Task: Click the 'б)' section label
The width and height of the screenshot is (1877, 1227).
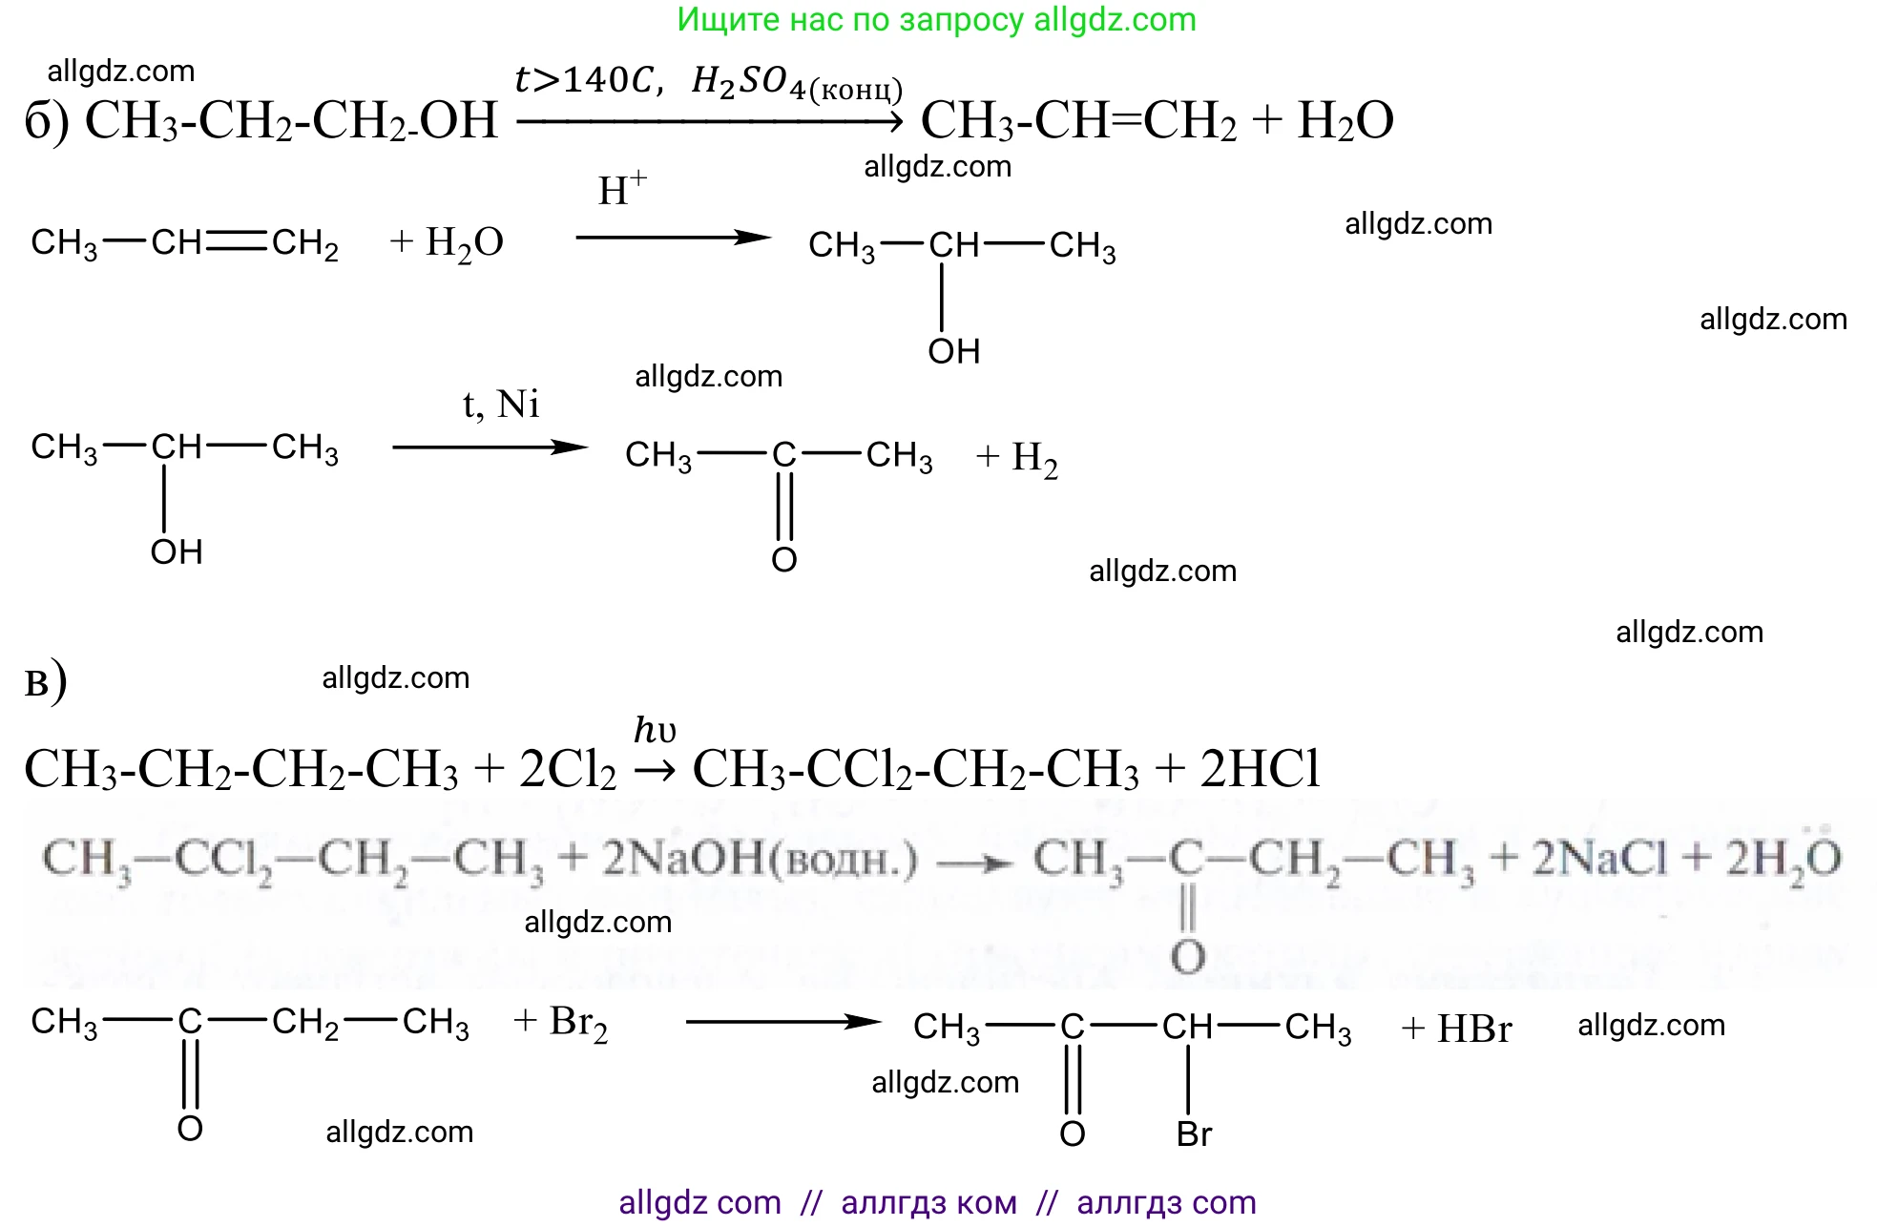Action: click(x=46, y=122)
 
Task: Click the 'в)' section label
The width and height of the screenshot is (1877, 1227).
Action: click(x=45, y=682)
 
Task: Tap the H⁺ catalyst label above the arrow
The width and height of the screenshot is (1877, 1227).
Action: click(x=622, y=189)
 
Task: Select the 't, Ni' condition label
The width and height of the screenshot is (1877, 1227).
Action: click(x=501, y=405)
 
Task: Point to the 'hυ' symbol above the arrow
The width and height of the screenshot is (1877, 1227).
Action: click(x=655, y=731)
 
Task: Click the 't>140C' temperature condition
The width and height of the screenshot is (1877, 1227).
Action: click(x=582, y=80)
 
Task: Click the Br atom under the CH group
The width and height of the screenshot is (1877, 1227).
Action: click(x=1194, y=1134)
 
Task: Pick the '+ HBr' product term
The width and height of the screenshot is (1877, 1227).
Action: click(x=1456, y=1029)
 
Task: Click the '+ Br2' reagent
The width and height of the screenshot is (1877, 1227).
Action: click(x=560, y=1023)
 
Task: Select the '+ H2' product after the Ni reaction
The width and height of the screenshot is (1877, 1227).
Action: click(x=1017, y=459)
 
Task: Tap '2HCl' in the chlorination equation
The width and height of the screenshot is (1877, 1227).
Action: click(x=1260, y=769)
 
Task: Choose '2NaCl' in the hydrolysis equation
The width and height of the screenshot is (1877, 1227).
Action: click(x=1599, y=859)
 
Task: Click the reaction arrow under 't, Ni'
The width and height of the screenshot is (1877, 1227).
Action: click(x=490, y=447)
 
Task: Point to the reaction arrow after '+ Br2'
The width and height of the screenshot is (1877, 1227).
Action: click(x=782, y=1022)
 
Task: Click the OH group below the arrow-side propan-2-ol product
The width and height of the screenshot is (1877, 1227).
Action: click(x=954, y=352)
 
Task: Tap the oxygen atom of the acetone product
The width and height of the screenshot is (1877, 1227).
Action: click(x=784, y=560)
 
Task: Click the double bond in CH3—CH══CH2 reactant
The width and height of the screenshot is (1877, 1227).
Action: click(x=237, y=242)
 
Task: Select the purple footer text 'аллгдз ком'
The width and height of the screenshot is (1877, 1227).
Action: click(x=928, y=1203)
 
